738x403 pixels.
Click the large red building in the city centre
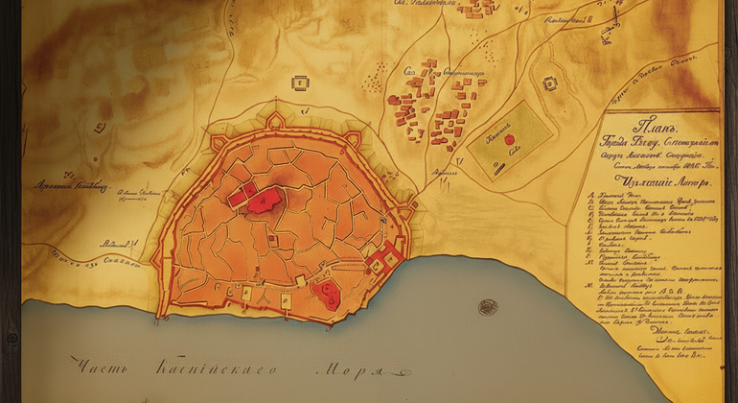click(x=258, y=200)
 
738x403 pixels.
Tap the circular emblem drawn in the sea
click(x=488, y=308)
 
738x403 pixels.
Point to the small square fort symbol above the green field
click(x=550, y=83)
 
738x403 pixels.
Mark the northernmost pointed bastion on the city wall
click(x=275, y=120)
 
